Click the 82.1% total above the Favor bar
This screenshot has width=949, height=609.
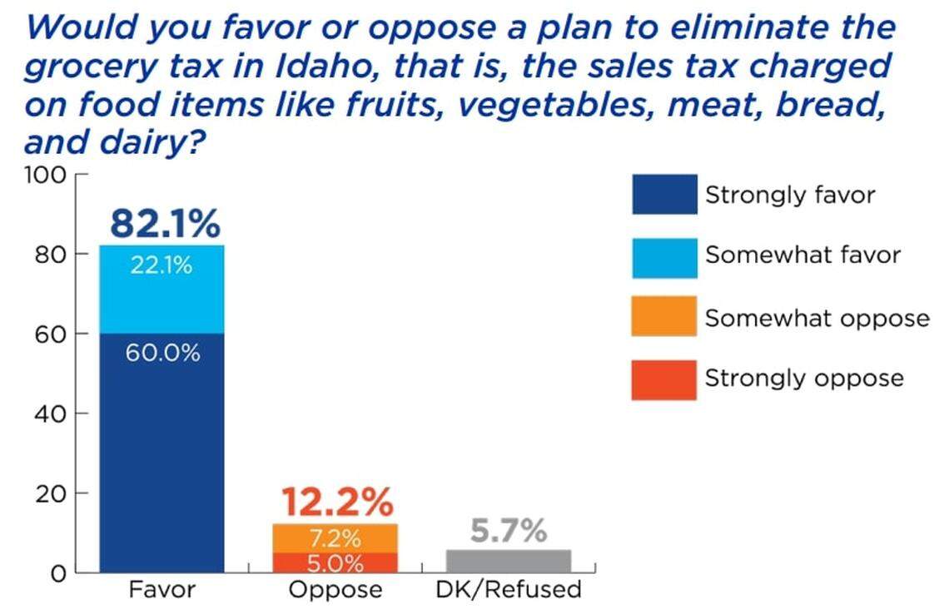click(165, 224)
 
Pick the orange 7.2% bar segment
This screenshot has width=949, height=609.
click(335, 537)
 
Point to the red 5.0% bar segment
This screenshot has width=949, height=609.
click(335, 563)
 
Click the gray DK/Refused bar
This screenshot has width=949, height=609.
click(509, 561)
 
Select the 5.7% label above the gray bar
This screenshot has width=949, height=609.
click(509, 530)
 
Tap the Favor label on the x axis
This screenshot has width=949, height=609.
click(161, 591)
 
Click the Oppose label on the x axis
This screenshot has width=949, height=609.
click(335, 591)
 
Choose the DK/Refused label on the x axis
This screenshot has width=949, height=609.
click(509, 591)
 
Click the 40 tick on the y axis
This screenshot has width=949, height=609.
click(52, 413)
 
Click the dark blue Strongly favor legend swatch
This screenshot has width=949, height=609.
click(663, 195)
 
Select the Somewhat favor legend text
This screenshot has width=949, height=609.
click(802, 255)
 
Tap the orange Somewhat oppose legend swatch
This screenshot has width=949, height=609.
click(663, 316)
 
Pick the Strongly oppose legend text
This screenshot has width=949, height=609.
click(804, 379)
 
